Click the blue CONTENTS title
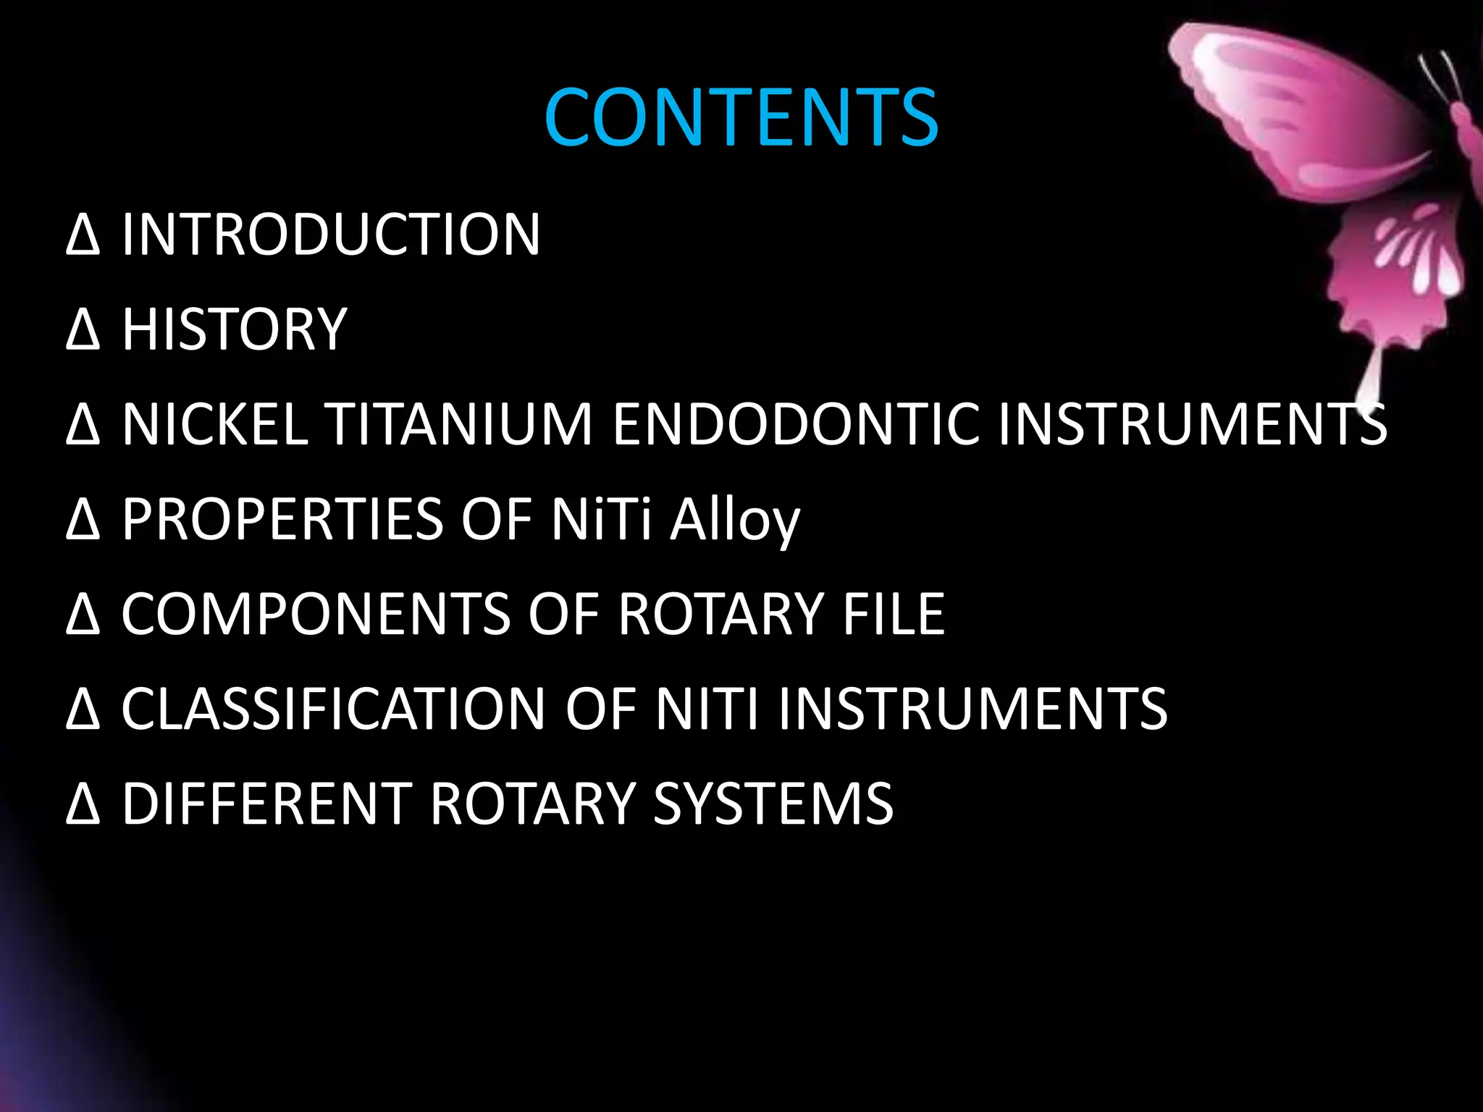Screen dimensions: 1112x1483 coord(741,117)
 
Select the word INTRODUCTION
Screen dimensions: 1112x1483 coord(331,235)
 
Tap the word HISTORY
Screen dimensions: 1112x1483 coord(235,329)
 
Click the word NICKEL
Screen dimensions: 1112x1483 coord(215,424)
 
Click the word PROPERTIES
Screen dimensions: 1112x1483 coord(282,519)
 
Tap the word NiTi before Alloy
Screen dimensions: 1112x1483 coord(601,519)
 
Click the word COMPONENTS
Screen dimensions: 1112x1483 coord(316,614)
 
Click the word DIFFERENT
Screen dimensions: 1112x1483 coord(267,804)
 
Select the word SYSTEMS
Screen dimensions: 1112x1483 coord(773,804)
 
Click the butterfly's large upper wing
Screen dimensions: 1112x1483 coord(1296,109)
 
